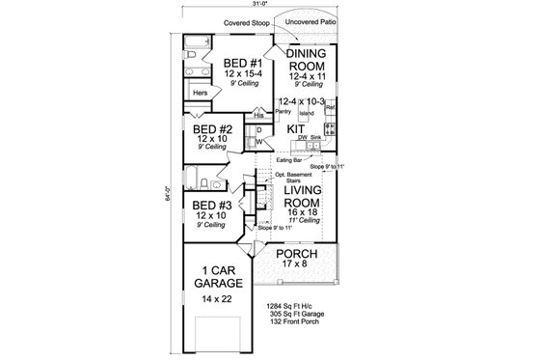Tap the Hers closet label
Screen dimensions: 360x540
[200, 93]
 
